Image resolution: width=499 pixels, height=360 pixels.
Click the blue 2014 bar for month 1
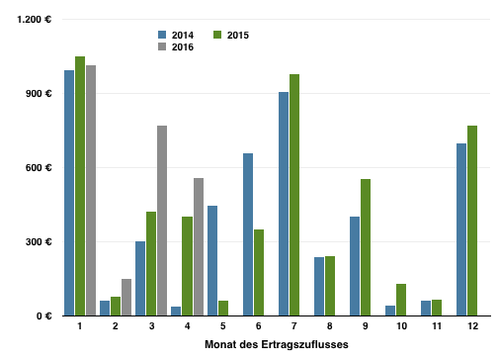click(x=69, y=193)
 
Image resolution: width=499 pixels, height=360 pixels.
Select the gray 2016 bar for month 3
click(x=162, y=221)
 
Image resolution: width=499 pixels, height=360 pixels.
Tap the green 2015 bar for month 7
click(x=294, y=195)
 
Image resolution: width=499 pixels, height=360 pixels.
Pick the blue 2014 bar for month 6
click(x=248, y=234)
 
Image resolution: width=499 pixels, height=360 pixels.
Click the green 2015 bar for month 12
click(x=472, y=221)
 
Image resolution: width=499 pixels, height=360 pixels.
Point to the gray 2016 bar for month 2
click(x=126, y=298)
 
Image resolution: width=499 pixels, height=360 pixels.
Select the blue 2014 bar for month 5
click(x=212, y=261)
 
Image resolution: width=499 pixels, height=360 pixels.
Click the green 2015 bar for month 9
click(x=366, y=247)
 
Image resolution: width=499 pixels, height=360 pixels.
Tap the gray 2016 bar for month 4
click(x=199, y=247)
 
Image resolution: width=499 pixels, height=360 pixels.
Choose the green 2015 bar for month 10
click(x=401, y=300)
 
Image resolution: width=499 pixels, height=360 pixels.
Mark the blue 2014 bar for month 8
click(x=319, y=287)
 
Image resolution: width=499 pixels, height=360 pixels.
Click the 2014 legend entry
click(x=176, y=35)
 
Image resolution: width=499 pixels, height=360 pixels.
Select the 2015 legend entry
click(x=231, y=35)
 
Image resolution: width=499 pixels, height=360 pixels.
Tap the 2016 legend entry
click(x=176, y=46)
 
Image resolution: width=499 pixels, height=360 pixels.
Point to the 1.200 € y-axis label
click(x=35, y=20)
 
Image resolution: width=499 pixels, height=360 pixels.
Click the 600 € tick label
click(x=39, y=168)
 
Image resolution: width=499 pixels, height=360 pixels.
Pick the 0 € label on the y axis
click(x=44, y=316)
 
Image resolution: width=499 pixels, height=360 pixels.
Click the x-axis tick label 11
click(x=437, y=326)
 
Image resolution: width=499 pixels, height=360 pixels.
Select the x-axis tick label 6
click(x=259, y=326)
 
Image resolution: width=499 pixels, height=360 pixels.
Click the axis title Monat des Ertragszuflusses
click(x=277, y=344)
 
